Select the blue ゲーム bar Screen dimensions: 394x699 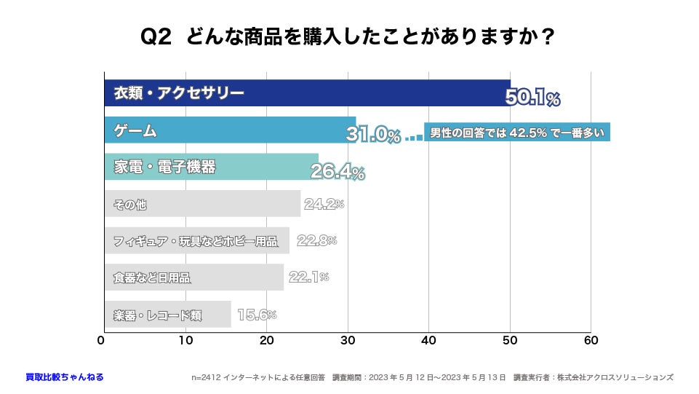(230, 130)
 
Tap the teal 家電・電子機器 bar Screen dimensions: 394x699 (211, 167)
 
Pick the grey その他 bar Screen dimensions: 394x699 (202, 204)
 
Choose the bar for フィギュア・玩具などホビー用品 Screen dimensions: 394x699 (196, 240)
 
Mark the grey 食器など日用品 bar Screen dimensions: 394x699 (193, 277)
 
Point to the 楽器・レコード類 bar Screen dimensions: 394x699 (167, 315)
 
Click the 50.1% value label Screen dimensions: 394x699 (532, 98)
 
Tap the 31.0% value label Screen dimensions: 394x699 (373, 135)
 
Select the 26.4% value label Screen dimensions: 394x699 (337, 172)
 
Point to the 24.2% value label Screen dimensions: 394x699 (324, 205)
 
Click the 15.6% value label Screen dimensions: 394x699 (257, 315)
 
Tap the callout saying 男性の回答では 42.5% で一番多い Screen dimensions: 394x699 (516, 133)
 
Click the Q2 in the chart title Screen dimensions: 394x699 (156, 37)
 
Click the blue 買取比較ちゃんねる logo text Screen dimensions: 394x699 (65, 377)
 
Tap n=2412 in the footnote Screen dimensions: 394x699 (207, 377)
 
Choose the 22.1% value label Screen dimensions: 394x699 (308, 277)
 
